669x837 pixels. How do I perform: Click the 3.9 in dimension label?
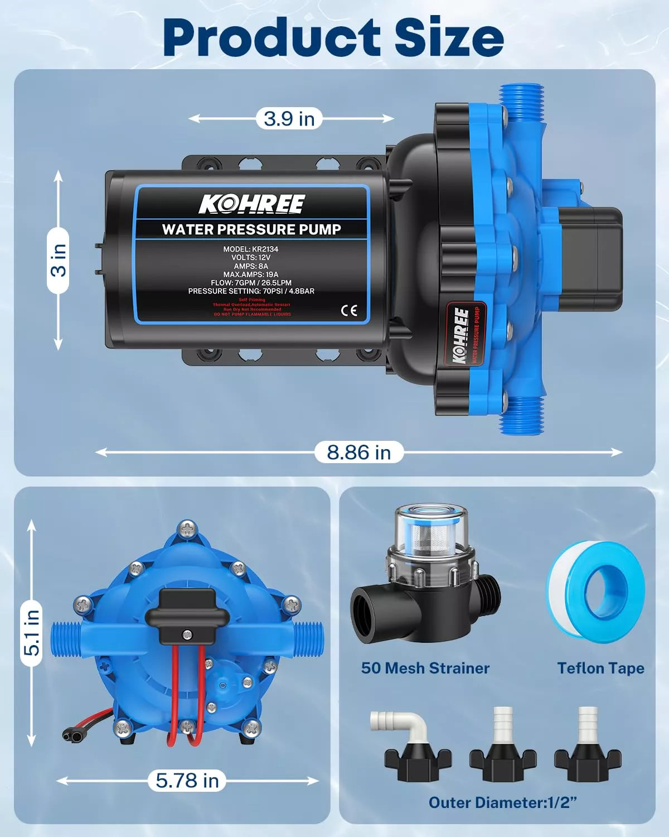(289, 118)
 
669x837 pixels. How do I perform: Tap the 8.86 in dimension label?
(358, 452)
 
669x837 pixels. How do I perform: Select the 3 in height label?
(58, 260)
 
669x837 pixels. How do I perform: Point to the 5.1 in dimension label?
(32, 632)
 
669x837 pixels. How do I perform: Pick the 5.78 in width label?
(187, 780)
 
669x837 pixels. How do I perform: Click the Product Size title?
(333, 37)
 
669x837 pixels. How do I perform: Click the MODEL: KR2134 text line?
(251, 249)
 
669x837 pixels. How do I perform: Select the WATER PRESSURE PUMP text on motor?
(251, 229)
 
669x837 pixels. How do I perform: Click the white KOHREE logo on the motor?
(252, 204)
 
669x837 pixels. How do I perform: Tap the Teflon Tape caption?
(600, 668)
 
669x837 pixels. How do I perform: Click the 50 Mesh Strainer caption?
(425, 668)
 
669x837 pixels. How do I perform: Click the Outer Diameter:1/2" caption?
(502, 802)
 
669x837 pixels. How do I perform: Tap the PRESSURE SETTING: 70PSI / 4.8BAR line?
(251, 291)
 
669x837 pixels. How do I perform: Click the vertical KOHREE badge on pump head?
(462, 335)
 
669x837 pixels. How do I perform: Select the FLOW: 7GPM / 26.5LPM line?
(251, 283)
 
